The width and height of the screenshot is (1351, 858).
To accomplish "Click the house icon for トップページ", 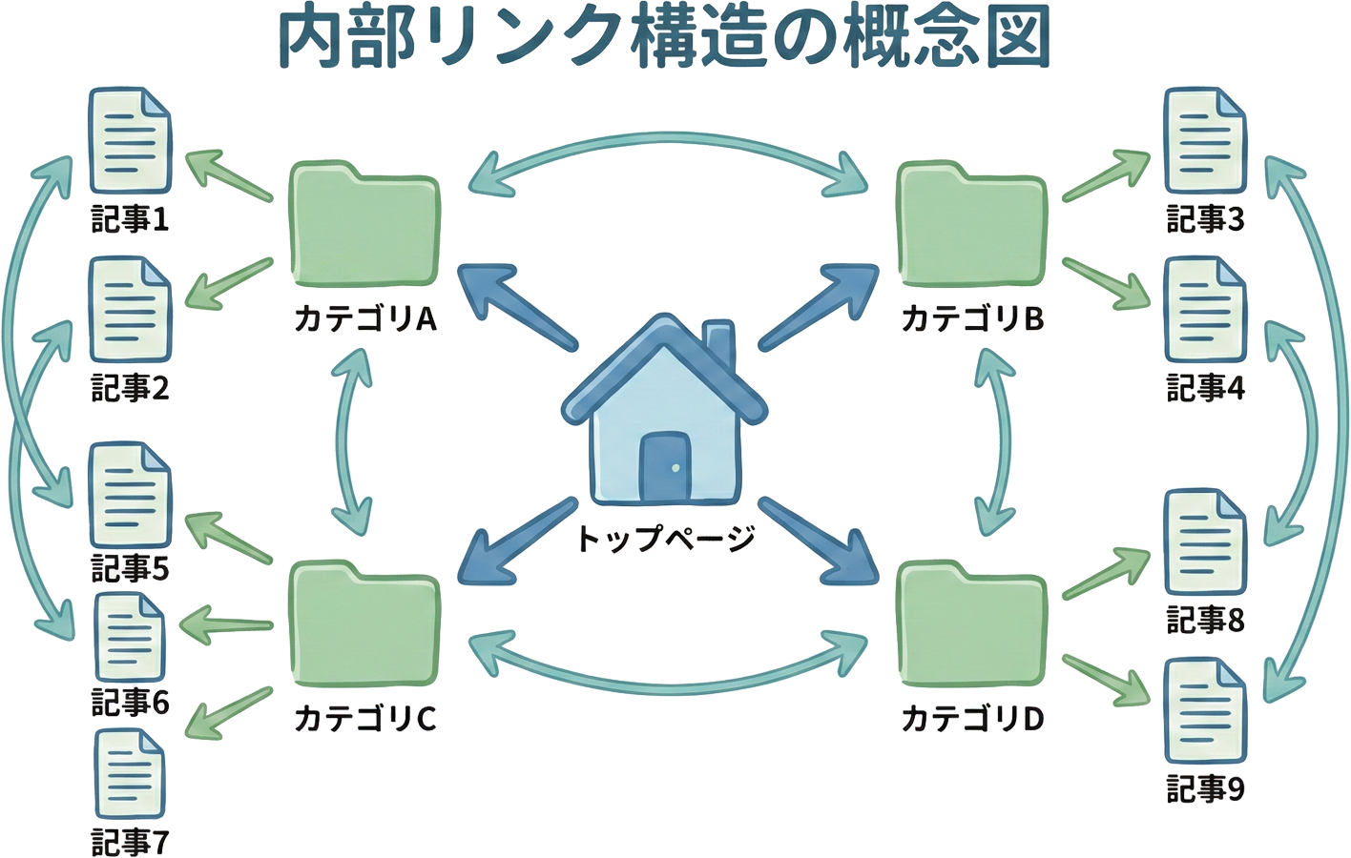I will tap(664, 419).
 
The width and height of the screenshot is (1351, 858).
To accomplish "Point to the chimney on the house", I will tap(719, 348).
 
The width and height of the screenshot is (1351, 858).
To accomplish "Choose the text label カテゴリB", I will tap(972, 317).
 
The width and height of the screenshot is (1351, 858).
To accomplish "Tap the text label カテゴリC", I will tap(364, 718).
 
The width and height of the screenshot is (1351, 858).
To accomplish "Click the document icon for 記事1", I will tap(130, 141).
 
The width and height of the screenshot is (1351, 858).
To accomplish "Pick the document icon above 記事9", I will tap(1205, 710).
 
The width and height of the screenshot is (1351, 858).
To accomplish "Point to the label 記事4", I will tap(1205, 389).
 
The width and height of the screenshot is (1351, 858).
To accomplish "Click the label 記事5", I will tap(130, 569).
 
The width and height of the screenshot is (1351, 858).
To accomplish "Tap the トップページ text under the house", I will tap(665, 539).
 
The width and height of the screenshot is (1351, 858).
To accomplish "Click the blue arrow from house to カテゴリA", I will tap(515, 305).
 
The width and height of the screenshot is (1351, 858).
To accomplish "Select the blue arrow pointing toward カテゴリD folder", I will tap(821, 543).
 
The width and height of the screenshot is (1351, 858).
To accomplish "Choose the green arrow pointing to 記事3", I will tap(1107, 176).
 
